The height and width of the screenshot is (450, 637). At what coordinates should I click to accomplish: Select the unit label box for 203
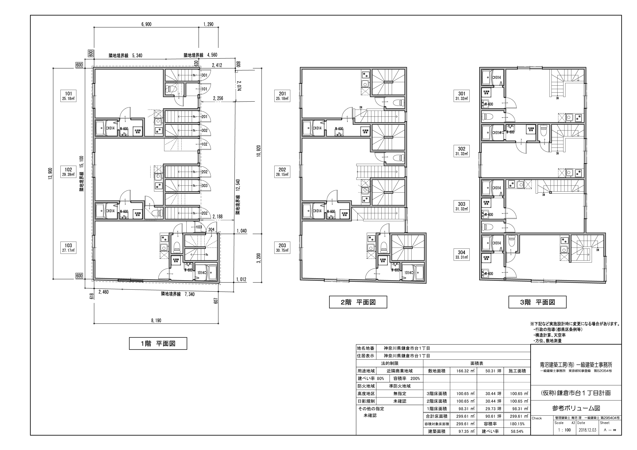point(282,248)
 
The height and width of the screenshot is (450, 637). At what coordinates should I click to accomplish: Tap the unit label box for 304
point(461,255)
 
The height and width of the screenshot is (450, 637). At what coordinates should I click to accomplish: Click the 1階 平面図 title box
point(158,344)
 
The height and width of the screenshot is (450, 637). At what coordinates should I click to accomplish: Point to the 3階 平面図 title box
point(537,302)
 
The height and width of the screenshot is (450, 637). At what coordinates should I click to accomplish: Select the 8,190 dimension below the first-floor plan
point(156,320)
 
